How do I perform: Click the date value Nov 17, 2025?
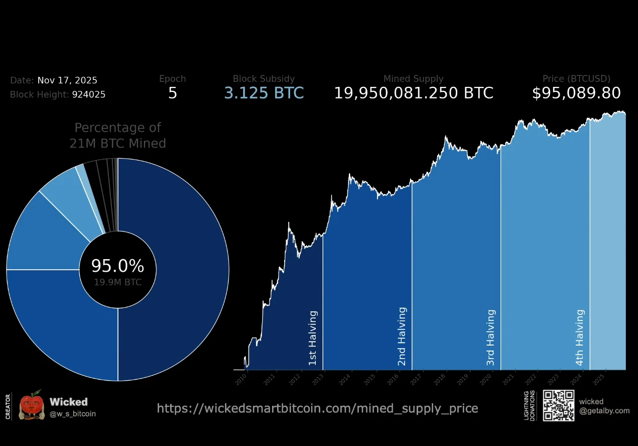tap(67, 80)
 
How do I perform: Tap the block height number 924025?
tap(88, 94)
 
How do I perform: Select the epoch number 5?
tap(172, 93)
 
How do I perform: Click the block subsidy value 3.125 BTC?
tap(264, 93)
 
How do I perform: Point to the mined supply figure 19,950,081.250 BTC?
tap(414, 93)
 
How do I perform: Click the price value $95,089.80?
tap(576, 93)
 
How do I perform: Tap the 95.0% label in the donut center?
tap(117, 266)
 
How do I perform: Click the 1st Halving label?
tap(313, 338)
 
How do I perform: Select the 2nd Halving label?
tap(402, 337)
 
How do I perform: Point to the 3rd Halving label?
tap(491, 338)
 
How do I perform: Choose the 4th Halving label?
tap(580, 338)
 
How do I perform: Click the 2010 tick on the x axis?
tap(241, 378)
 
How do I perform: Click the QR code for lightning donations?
tap(558, 405)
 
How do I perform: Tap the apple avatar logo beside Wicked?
tap(32, 405)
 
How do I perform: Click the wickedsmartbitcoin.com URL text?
tap(317, 408)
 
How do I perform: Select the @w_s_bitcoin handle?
tap(73, 414)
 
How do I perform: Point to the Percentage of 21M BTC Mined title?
tap(117, 136)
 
